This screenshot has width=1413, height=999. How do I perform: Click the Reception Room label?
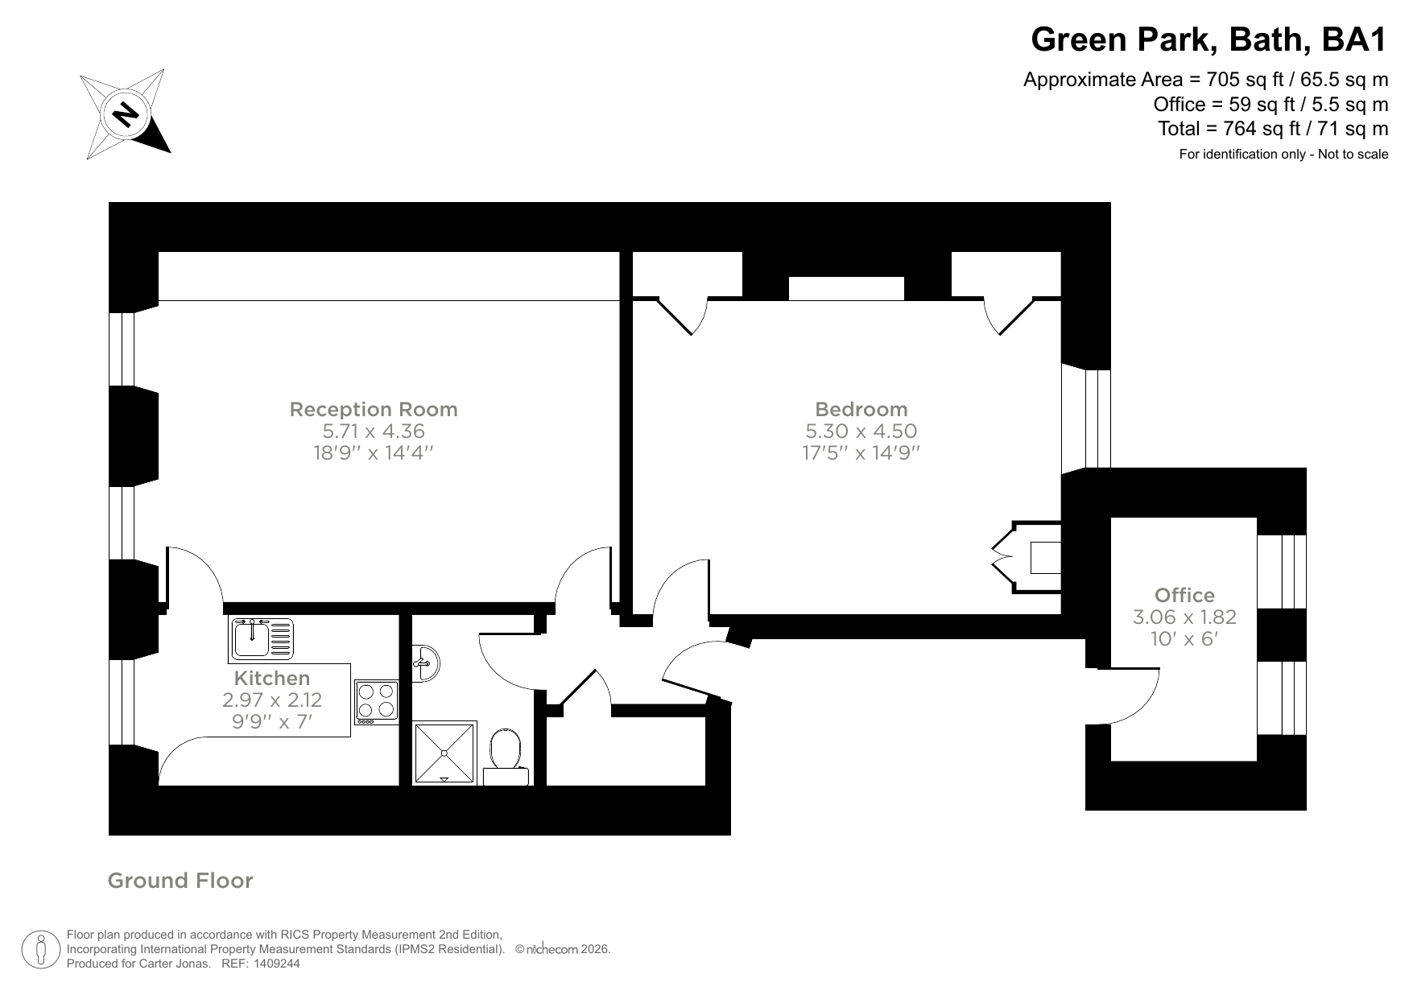pyautogui.click(x=373, y=409)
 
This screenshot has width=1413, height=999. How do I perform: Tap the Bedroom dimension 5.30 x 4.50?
pyautogui.click(x=861, y=431)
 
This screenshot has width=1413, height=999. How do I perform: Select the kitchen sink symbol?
pyautogui.click(x=262, y=638)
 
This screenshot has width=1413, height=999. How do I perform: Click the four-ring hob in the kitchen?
pyautogui.click(x=377, y=700)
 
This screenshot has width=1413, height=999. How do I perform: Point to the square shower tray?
pyautogui.click(x=445, y=753)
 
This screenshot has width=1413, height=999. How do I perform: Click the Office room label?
pyautogui.click(x=1184, y=595)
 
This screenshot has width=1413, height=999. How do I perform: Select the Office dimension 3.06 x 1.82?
pyautogui.click(x=1184, y=617)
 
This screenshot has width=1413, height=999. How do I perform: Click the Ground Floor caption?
pyautogui.click(x=180, y=881)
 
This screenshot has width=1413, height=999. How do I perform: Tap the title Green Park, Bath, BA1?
pyautogui.click(x=1209, y=39)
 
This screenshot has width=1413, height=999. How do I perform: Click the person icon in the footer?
pyautogui.click(x=41, y=950)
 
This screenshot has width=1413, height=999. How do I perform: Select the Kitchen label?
pyautogui.click(x=271, y=678)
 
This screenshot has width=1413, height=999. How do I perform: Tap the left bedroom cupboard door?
pyautogui.click(x=683, y=316)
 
